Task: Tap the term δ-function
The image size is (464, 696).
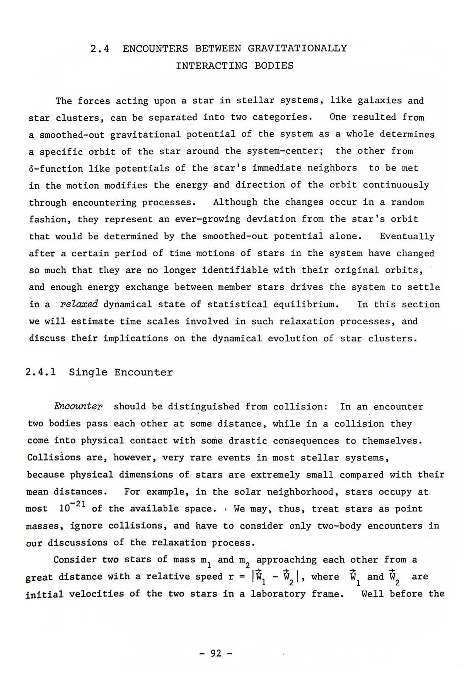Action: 56,169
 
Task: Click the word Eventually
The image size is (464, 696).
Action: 407,236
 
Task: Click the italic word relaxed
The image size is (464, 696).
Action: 80,304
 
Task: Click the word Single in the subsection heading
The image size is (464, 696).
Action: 88,372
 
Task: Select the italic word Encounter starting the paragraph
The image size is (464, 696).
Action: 78,407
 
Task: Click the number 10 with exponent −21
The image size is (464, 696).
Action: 70,507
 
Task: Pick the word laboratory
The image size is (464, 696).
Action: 276,594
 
